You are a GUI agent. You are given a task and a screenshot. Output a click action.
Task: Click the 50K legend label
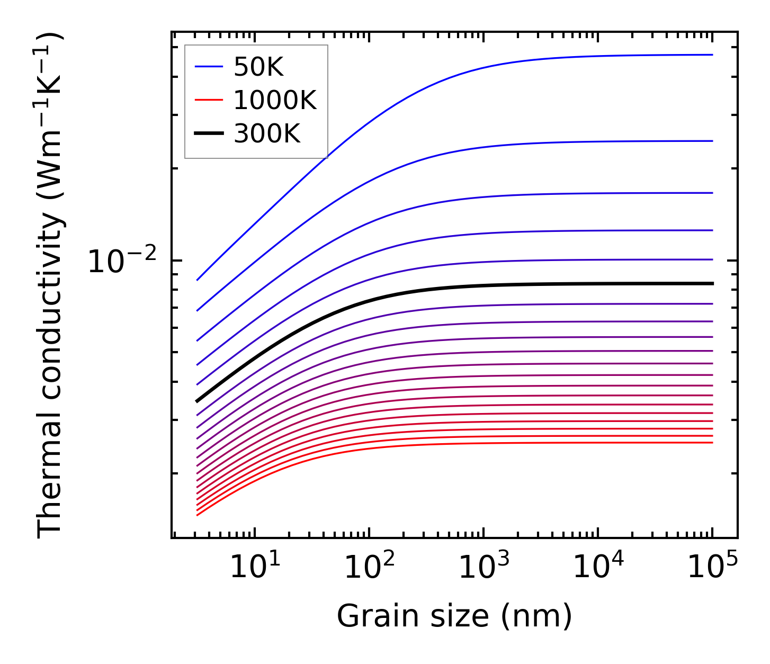(258, 67)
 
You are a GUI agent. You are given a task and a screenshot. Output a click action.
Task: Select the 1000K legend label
(275, 100)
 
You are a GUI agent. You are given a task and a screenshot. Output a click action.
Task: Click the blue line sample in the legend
(209, 67)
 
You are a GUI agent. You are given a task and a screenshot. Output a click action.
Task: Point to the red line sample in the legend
(209, 100)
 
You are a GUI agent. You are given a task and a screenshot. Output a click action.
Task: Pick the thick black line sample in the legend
(209, 133)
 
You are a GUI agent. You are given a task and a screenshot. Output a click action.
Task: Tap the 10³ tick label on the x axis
(483, 568)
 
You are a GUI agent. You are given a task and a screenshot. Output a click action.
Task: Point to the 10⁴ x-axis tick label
(598, 568)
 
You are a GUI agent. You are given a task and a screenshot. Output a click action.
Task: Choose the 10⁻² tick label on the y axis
(122, 262)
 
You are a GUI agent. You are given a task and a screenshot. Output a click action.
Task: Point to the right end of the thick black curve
(713, 284)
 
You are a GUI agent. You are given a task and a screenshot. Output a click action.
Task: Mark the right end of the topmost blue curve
(712, 55)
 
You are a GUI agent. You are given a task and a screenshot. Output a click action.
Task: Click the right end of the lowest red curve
(712, 443)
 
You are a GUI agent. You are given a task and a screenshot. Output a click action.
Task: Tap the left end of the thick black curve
(197, 401)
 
